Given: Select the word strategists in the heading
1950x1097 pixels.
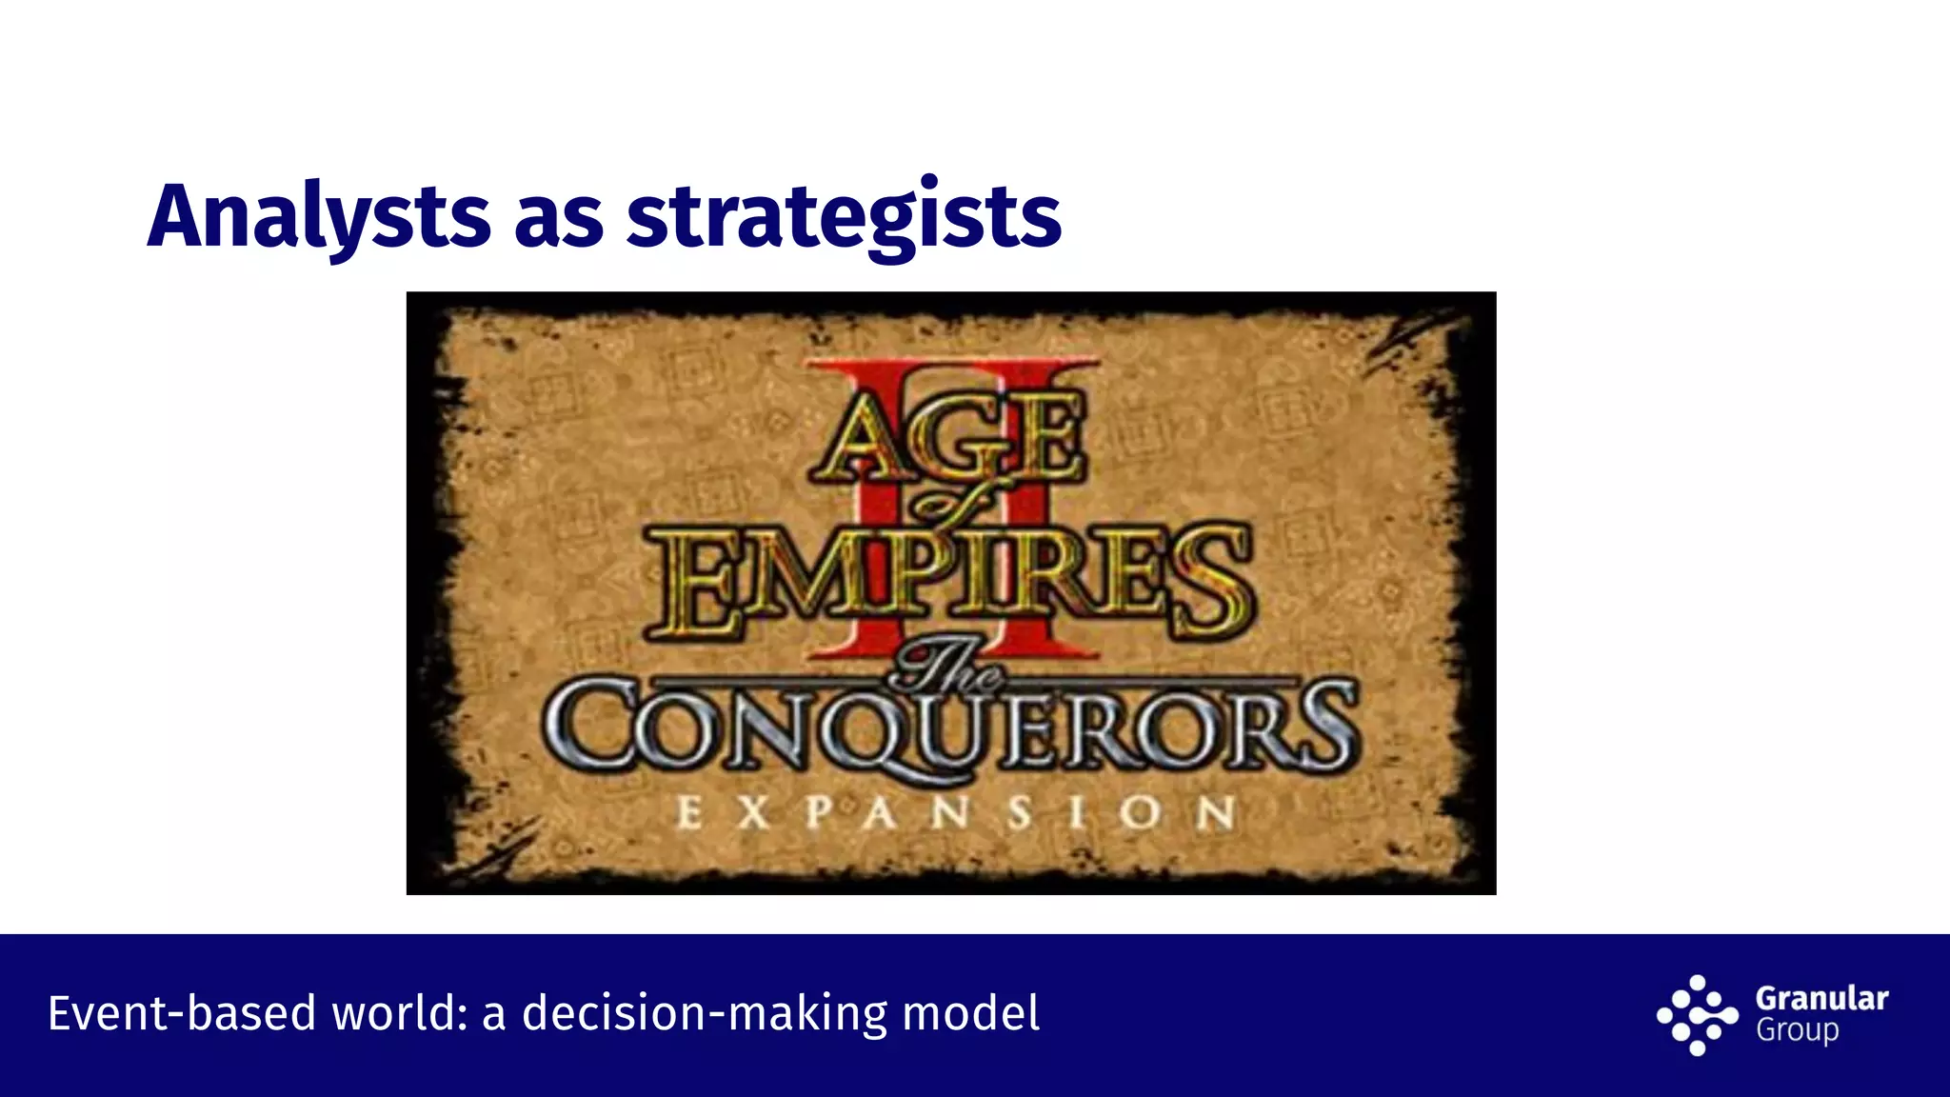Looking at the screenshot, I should [x=844, y=217].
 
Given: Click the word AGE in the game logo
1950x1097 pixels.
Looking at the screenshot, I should [x=947, y=440].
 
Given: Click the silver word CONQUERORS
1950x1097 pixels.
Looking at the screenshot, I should [x=950, y=728].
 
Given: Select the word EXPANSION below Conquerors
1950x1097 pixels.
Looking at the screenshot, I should [x=955, y=813].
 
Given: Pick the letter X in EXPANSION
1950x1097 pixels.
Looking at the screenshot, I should [x=752, y=813].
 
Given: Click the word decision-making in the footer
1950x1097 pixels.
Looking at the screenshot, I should [x=705, y=1013].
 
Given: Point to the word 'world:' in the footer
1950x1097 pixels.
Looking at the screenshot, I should [x=399, y=1013].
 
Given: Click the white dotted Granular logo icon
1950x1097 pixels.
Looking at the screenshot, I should [x=1698, y=1015].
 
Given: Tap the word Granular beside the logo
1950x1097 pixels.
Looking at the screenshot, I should [x=1821, y=998].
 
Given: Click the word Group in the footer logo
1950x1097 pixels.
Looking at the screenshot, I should [x=1797, y=1031].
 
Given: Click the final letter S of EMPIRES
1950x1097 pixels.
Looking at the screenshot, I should [x=1211, y=583].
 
